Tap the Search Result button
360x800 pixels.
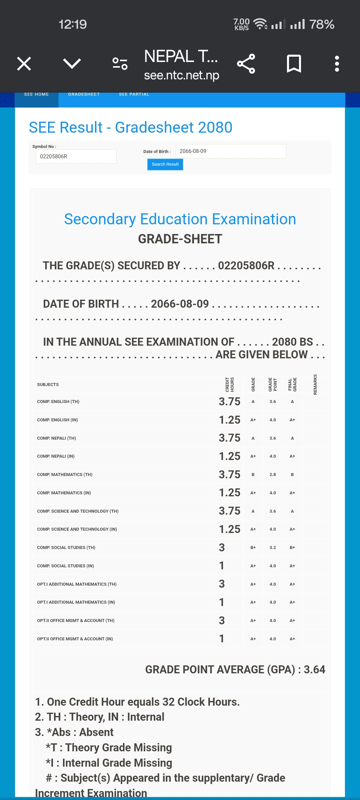click(165, 164)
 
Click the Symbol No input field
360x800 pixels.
click(76, 156)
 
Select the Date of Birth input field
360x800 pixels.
click(230, 151)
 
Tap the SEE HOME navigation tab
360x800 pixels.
click(37, 95)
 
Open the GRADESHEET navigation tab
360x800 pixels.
click(84, 95)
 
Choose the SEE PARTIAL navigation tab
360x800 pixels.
click(134, 95)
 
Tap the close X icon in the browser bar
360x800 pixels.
click(24, 64)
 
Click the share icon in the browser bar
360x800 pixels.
click(246, 64)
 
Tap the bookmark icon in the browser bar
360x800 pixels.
click(294, 64)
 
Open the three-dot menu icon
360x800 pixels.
click(337, 64)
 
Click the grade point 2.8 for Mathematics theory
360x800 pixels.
click(273, 475)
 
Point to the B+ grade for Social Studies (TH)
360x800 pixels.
click(253, 548)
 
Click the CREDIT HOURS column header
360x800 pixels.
click(230, 385)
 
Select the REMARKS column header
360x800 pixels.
click(315, 385)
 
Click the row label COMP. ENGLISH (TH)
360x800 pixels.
click(58, 402)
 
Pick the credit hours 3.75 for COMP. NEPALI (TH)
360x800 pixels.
click(229, 438)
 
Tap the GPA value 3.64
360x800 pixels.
click(314, 670)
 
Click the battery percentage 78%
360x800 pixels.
click(321, 24)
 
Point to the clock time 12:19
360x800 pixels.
click(73, 24)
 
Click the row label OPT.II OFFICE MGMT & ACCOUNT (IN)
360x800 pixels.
click(75, 639)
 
